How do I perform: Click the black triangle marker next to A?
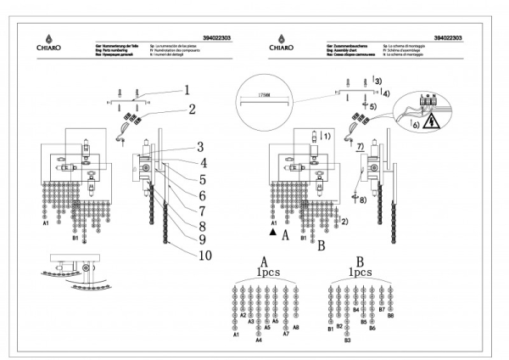(x=273, y=231)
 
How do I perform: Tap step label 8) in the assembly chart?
(x=364, y=200)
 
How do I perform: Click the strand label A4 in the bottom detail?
(x=259, y=340)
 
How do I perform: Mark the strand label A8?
(x=296, y=326)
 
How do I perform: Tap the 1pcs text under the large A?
(x=266, y=273)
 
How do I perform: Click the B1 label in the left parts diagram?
(x=76, y=239)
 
